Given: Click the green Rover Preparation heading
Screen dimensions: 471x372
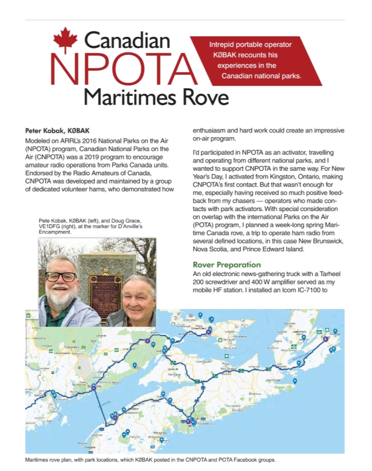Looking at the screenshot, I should point(227,265).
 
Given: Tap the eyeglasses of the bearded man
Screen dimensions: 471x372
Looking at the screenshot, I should point(61,277).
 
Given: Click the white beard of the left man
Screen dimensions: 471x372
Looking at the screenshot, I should point(61,297).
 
